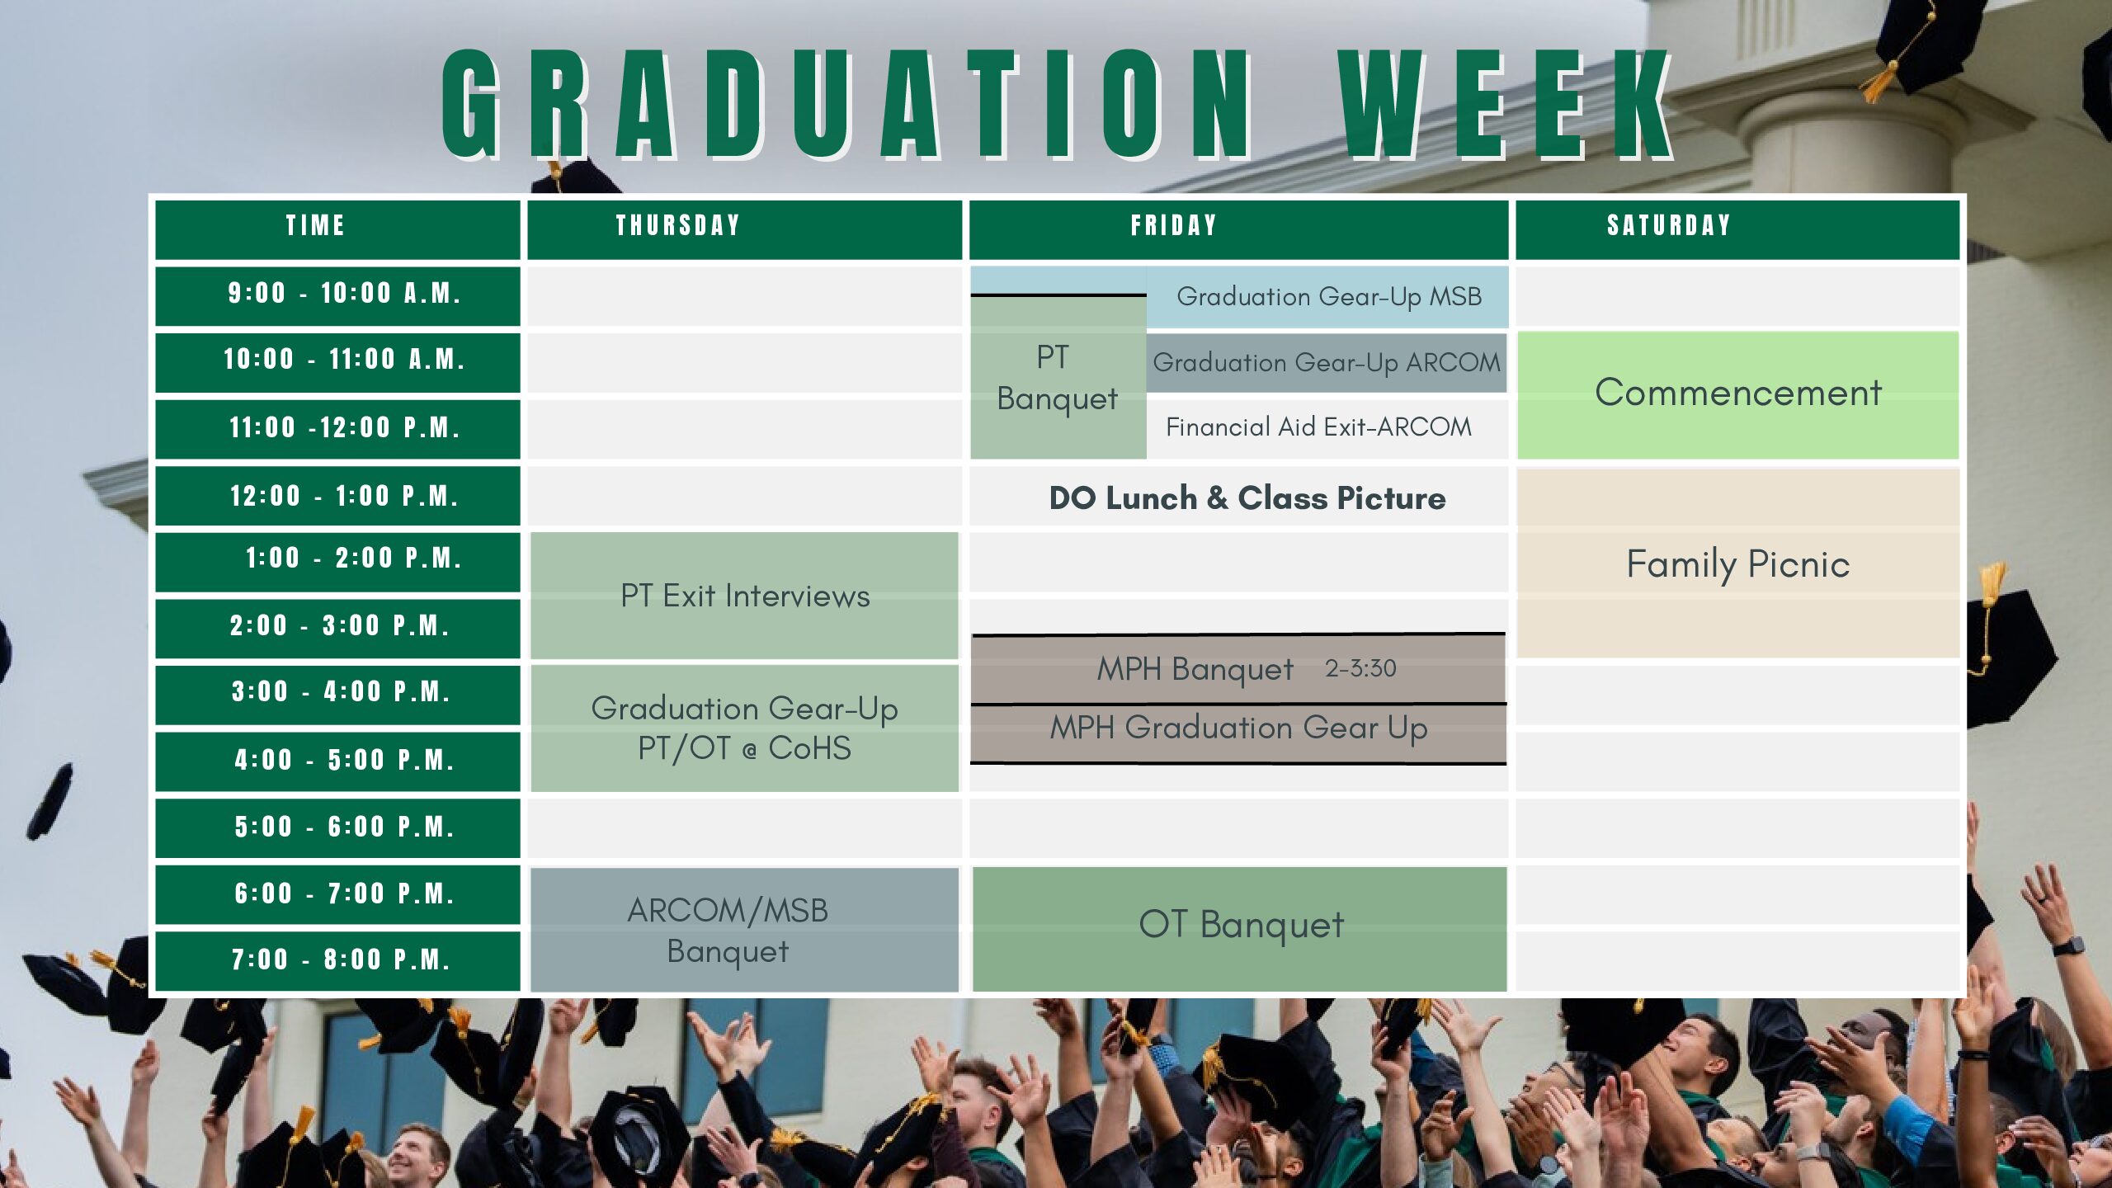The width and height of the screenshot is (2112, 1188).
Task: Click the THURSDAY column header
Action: point(677,225)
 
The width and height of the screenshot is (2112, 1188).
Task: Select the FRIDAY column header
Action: point(1174,225)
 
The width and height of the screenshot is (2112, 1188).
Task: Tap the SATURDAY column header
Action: point(1668,225)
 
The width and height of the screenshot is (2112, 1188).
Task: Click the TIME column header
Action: point(315,225)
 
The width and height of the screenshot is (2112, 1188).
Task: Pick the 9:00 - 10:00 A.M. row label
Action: point(344,293)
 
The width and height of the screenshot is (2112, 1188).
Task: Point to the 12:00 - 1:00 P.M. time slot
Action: point(344,496)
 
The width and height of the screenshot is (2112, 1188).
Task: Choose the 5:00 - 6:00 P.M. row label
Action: point(344,827)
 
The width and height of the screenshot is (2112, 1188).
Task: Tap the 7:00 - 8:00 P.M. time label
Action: point(341,959)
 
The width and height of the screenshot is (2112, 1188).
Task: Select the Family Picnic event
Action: point(1738,563)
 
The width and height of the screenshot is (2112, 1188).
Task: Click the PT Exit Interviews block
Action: point(745,596)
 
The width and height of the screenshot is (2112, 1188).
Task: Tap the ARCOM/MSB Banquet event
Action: point(745,930)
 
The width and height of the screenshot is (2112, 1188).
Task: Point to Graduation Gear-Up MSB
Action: point(1328,296)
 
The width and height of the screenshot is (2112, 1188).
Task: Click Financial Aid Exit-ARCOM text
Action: point(1318,427)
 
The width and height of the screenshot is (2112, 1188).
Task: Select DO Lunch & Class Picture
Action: point(1247,498)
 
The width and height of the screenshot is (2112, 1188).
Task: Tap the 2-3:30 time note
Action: point(1360,668)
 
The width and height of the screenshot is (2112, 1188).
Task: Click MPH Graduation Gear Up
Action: point(1238,728)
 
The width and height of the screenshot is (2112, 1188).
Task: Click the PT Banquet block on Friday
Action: point(1058,378)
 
